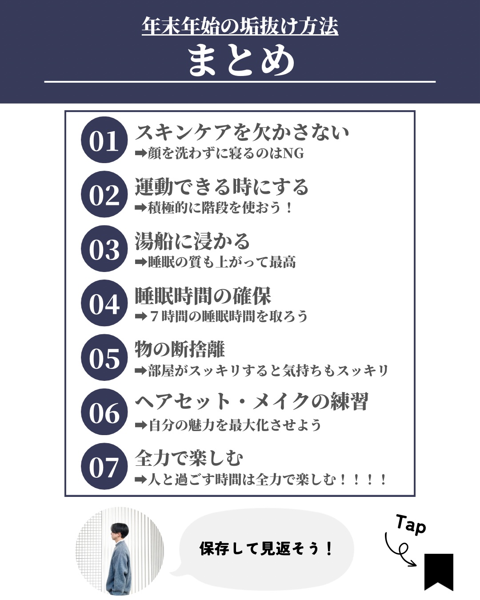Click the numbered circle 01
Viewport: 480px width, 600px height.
[x=104, y=140]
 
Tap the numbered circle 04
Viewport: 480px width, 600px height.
[x=104, y=303]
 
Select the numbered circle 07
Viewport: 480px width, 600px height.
[x=104, y=466]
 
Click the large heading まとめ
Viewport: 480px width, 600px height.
[x=240, y=60]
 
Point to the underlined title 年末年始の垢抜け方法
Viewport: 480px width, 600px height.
[x=240, y=26]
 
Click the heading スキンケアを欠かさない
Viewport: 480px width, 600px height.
[x=242, y=132]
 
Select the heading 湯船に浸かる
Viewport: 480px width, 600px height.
[x=192, y=241]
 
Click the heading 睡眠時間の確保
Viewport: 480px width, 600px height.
[x=203, y=296]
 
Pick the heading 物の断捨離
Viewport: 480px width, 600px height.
[x=180, y=349]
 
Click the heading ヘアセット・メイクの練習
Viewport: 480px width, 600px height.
[x=252, y=402]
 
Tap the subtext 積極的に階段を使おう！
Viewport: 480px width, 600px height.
[x=220, y=208]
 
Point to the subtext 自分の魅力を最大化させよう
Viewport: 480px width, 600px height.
[x=235, y=425]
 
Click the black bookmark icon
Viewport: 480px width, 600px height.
[x=439, y=571]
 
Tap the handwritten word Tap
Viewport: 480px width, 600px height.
[x=411, y=524]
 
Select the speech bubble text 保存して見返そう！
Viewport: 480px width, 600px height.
[x=266, y=549]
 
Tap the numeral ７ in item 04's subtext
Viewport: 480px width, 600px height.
[x=154, y=316]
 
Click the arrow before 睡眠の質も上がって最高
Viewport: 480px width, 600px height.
[x=141, y=262]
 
